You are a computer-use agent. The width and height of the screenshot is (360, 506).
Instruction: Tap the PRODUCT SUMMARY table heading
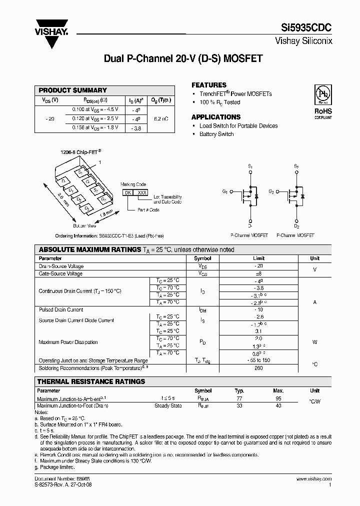[x=73, y=90]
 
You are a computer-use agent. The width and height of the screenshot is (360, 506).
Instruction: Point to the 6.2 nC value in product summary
[x=160, y=118]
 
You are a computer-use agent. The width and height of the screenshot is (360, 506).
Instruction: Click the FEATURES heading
[x=209, y=85]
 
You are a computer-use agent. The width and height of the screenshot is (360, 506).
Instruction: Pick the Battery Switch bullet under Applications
[x=216, y=134]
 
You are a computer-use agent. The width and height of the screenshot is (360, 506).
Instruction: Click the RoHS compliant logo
[x=322, y=100]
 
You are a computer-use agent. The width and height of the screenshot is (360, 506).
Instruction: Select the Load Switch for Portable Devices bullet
[x=238, y=126]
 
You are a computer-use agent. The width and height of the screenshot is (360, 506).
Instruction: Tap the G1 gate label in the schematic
[x=224, y=191]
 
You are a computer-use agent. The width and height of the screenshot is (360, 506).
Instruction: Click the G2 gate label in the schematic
[x=271, y=191]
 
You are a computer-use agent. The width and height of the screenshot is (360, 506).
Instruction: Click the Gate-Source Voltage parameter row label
[x=60, y=273]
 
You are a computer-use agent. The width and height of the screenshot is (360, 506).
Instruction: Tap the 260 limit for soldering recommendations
[x=259, y=368]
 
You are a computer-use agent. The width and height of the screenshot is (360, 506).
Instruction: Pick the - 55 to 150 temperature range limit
[x=259, y=360]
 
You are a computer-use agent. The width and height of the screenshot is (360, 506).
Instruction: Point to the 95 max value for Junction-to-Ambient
[x=278, y=398]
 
